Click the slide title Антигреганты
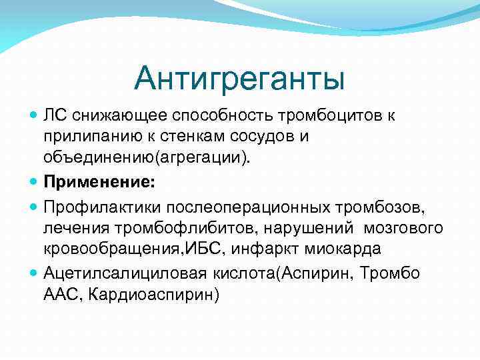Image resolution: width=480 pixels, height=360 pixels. tap(239, 79)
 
